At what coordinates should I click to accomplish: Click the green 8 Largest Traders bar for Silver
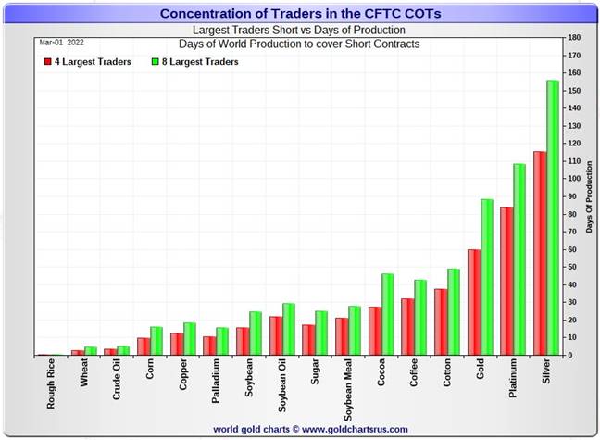[553, 218]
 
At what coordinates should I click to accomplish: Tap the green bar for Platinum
[519, 259]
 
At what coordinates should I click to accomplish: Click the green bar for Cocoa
[387, 314]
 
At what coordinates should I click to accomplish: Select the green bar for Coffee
[420, 317]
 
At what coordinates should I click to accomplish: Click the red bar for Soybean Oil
[276, 335]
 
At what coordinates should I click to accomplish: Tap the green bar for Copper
[189, 338]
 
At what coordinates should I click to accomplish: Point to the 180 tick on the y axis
[574, 38]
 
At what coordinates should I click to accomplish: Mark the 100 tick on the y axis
[574, 179]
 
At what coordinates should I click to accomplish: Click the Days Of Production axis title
[590, 196]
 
